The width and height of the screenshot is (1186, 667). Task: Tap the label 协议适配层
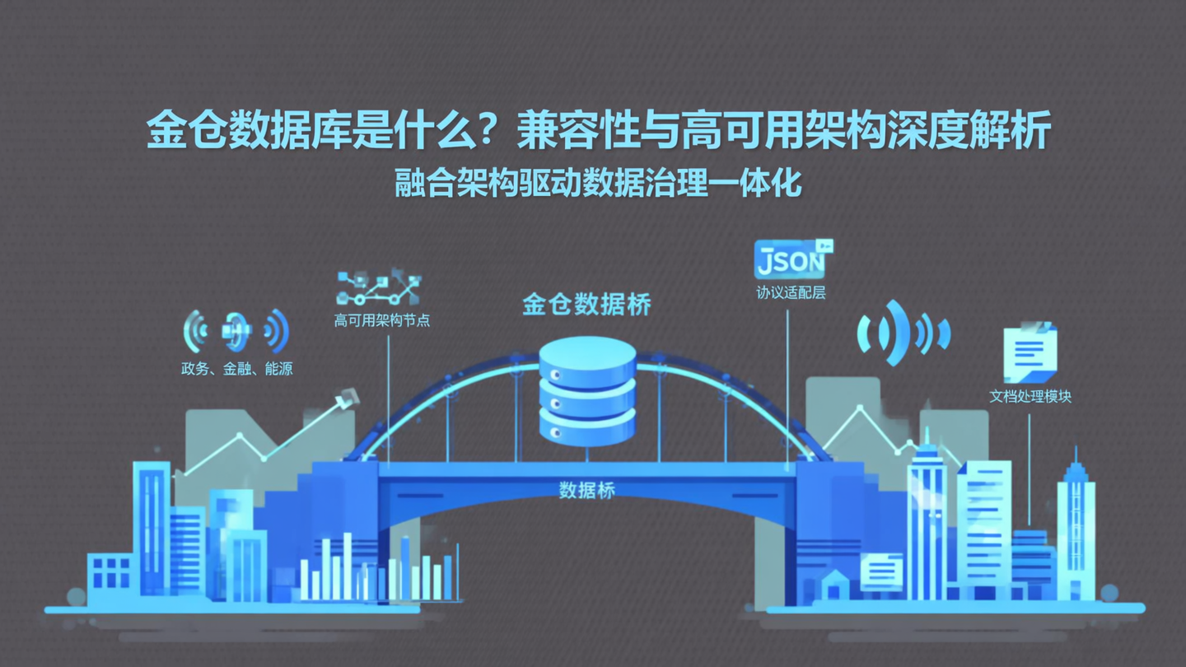[x=791, y=292]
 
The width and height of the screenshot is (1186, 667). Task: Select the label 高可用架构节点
[x=382, y=320]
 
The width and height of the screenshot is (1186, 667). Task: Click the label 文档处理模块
[x=1030, y=397]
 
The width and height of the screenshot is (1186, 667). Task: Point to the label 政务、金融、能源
[x=237, y=369]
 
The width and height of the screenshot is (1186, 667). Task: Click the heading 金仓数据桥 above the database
[x=586, y=305]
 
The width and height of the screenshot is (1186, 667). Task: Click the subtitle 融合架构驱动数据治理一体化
[x=599, y=183]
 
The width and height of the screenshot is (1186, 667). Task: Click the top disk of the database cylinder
[x=587, y=358]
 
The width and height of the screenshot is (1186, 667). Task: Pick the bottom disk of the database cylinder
[x=587, y=426]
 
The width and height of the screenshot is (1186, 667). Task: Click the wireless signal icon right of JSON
[x=903, y=333]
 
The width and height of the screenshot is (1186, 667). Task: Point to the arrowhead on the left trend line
[x=348, y=399]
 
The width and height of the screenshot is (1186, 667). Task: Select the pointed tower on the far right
[x=1076, y=527]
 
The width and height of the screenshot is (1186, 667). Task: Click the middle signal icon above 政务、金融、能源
[x=236, y=331]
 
